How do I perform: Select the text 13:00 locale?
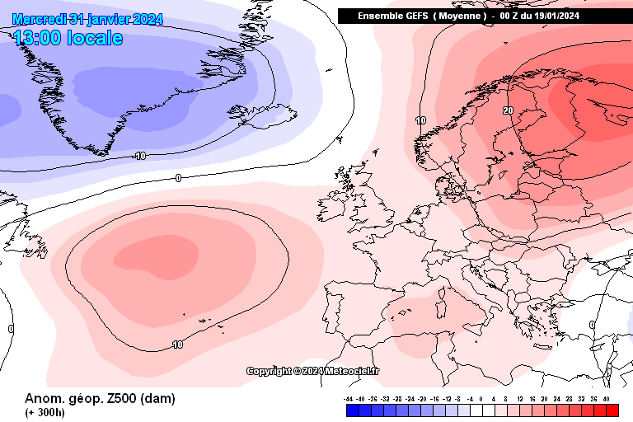68,38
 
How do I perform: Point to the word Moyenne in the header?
457,16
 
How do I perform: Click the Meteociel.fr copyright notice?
313,371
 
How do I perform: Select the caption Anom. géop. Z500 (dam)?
100,399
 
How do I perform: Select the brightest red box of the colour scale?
612,410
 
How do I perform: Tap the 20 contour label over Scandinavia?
508,110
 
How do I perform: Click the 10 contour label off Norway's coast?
420,120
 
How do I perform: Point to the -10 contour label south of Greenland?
139,155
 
